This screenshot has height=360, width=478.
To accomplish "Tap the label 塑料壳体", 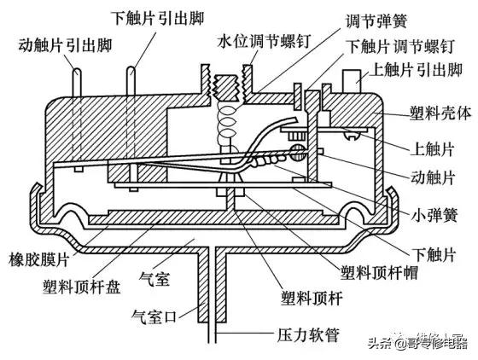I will point(431,113).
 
